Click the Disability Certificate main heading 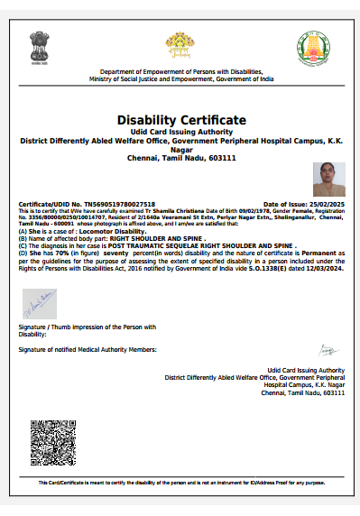pos(180,120)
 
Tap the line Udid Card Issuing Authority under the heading pos(180,132)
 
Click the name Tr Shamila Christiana pos(140,211)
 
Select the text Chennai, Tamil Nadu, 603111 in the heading pos(180,157)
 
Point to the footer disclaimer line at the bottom pos(180,483)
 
